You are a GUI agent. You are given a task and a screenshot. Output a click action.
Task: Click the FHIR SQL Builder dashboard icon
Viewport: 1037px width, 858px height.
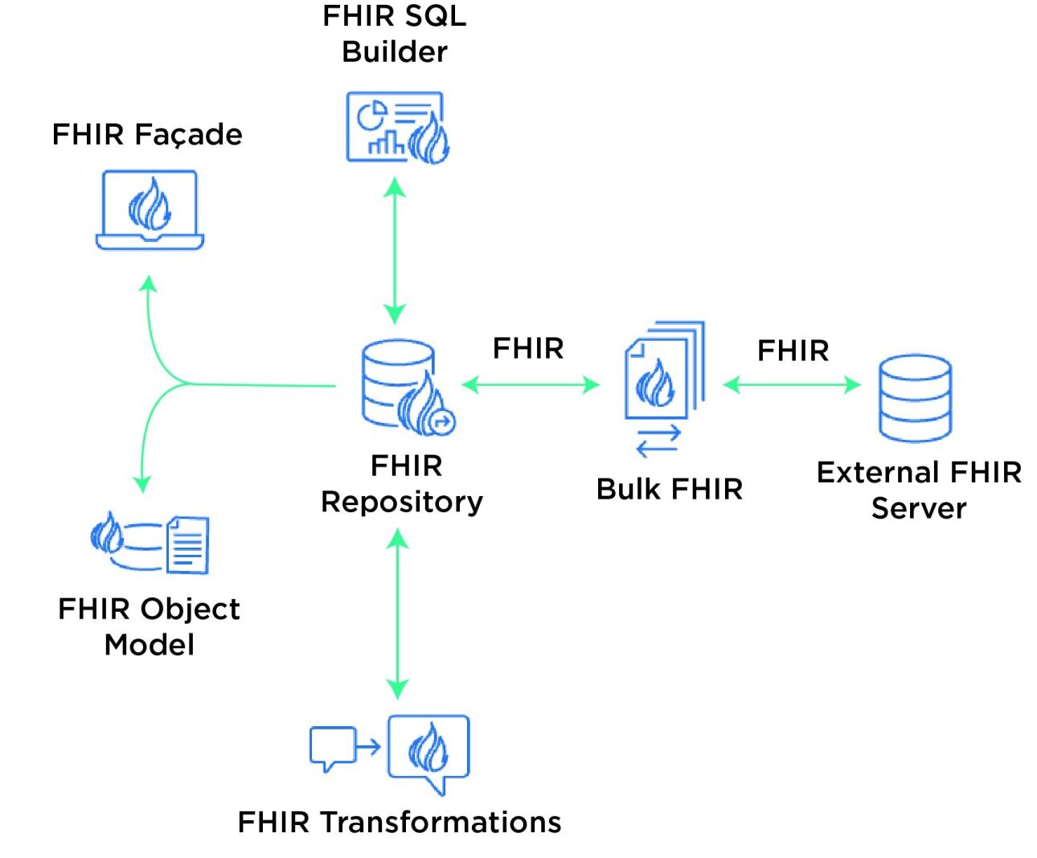(396, 128)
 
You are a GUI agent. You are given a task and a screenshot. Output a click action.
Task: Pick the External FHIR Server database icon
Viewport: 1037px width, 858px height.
(915, 397)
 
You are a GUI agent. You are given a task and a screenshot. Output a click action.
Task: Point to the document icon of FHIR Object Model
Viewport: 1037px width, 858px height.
(187, 545)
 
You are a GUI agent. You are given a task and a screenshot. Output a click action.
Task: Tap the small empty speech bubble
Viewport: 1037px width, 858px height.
(332, 747)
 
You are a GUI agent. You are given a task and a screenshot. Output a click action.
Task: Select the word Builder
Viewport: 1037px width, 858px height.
(394, 52)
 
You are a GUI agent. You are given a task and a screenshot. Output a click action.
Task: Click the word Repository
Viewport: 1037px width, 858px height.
(402, 502)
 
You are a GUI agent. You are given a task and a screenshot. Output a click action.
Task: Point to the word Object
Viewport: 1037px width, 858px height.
(188, 610)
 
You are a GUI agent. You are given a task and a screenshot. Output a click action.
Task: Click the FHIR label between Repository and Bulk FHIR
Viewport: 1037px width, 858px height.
(528, 349)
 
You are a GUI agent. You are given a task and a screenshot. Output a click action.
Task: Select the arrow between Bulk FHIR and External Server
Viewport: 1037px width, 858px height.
(792, 385)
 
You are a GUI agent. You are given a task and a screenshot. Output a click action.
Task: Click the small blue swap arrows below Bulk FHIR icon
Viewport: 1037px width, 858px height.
(658, 441)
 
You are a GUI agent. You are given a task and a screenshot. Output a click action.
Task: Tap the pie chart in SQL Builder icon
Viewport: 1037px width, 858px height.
(371, 116)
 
